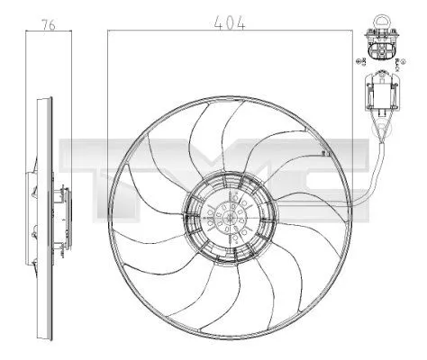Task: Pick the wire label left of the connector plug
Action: click(x=360, y=60)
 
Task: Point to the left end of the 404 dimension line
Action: click(x=108, y=32)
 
